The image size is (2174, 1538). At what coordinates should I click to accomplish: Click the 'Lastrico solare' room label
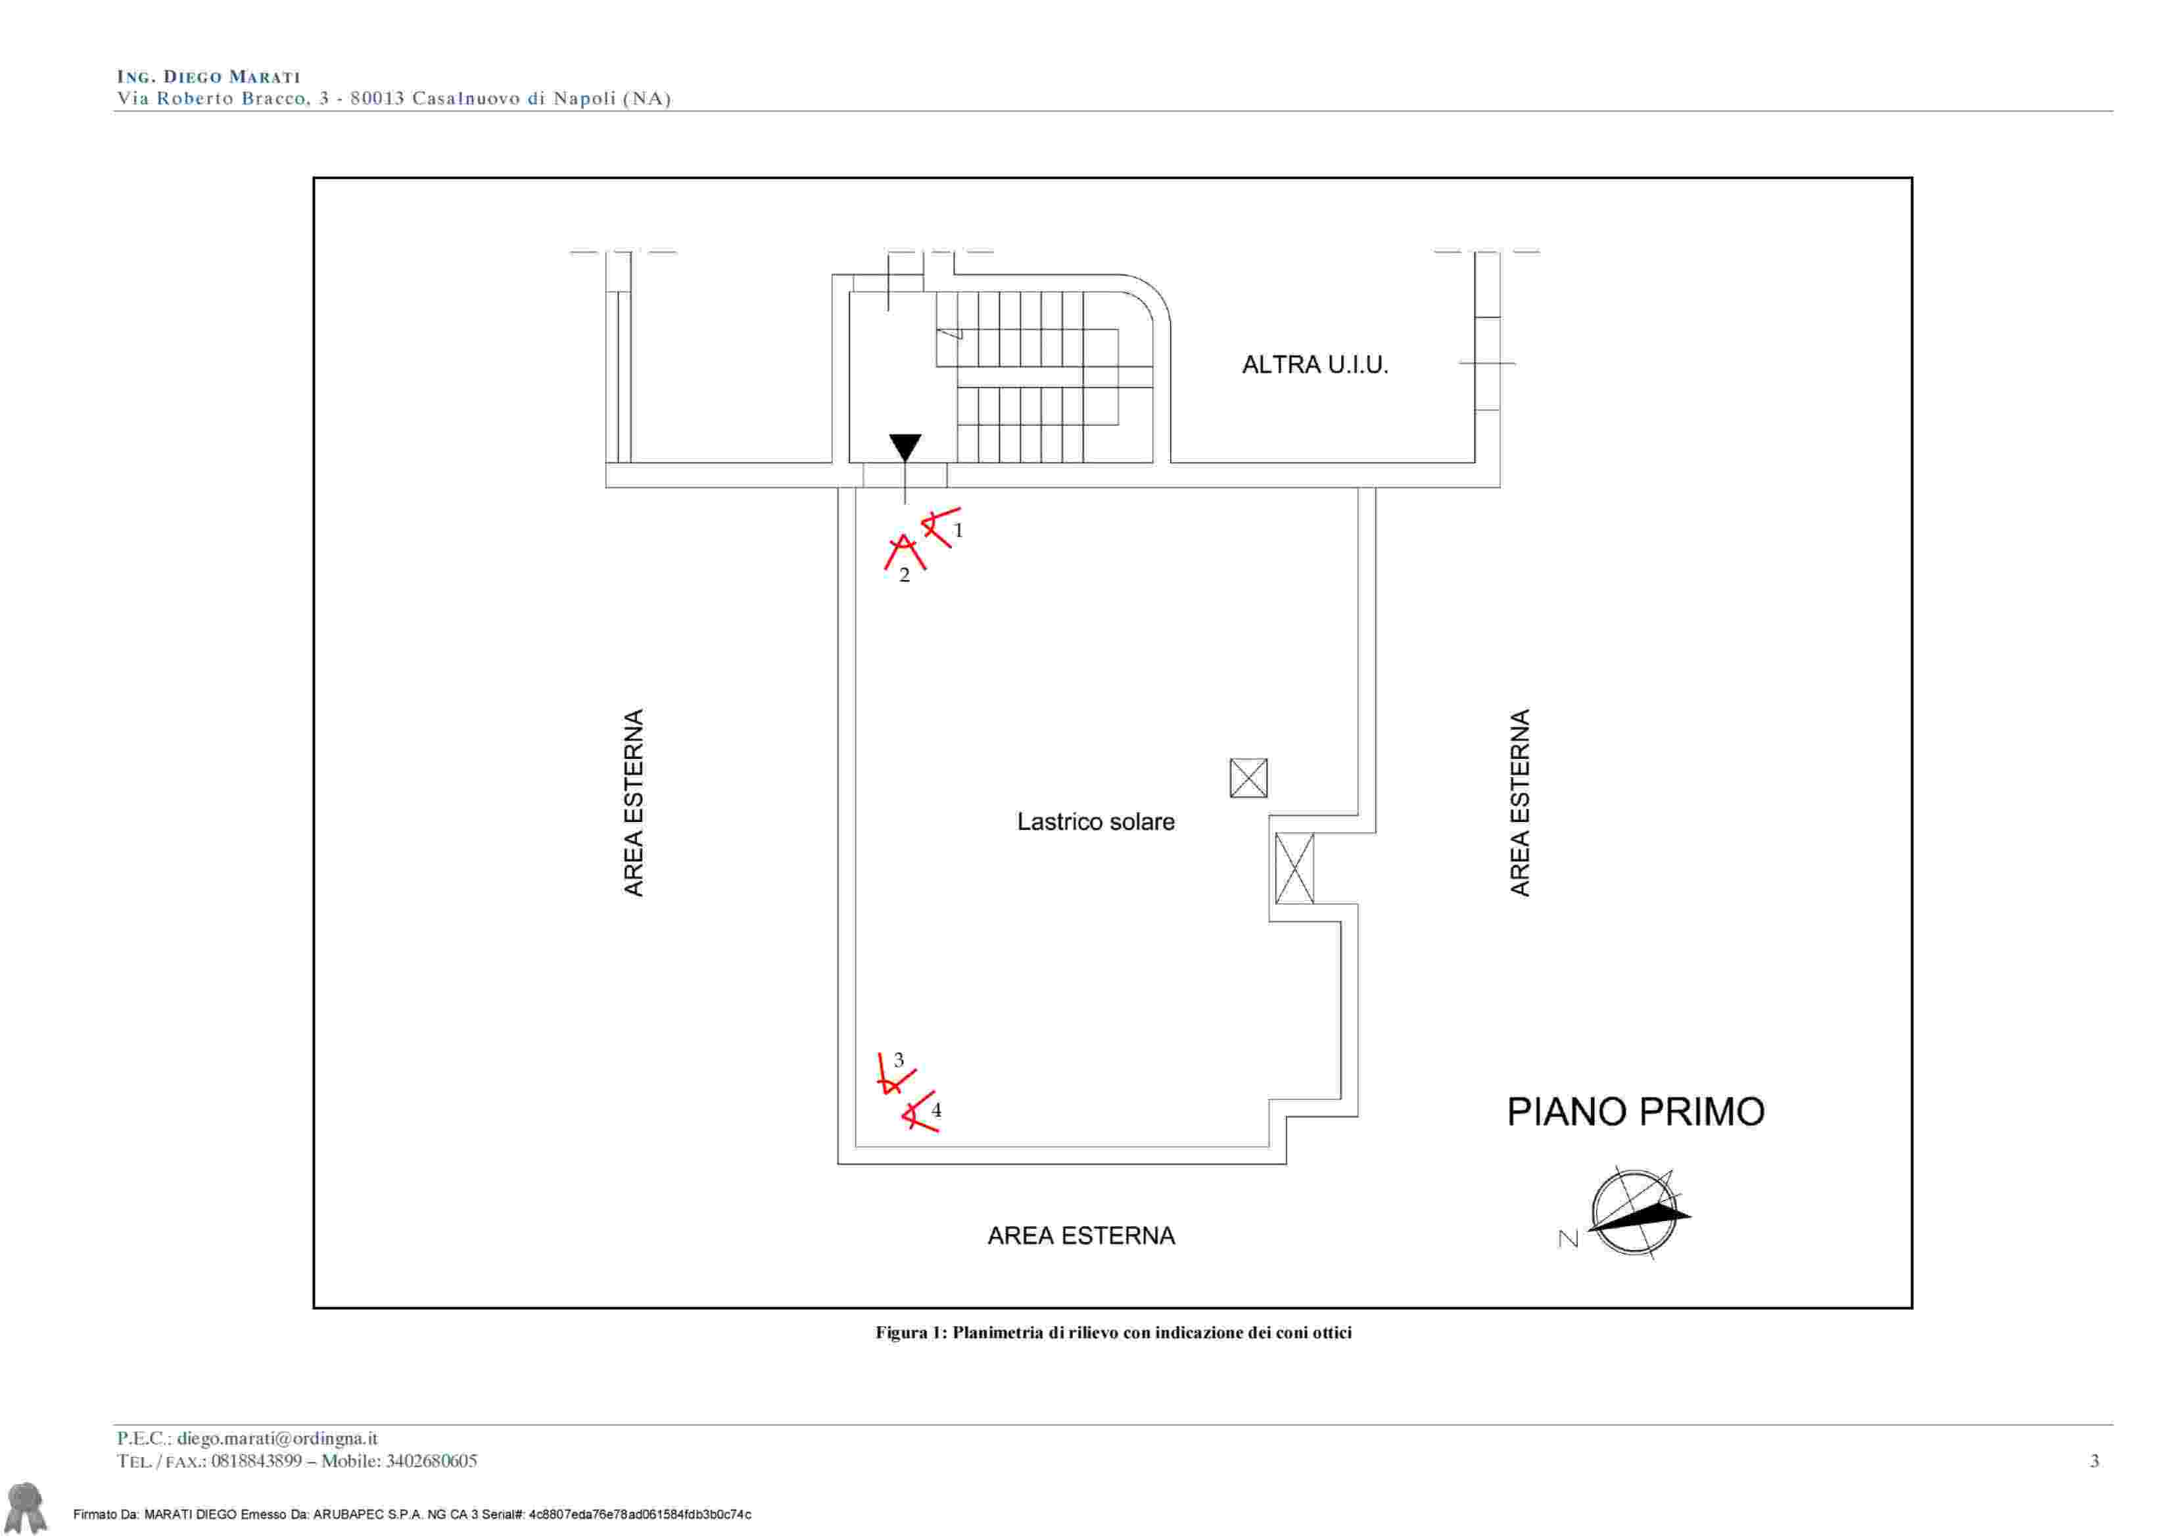click(x=1095, y=822)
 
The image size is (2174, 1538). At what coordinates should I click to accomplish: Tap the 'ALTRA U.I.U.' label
click(x=1315, y=365)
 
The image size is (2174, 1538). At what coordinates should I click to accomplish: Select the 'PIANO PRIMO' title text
click(x=1635, y=1112)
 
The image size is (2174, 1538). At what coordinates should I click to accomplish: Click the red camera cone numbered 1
click(x=939, y=527)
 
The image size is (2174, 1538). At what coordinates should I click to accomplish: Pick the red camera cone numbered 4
click(x=918, y=1113)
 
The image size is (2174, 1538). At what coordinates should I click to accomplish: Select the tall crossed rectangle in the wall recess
click(x=1294, y=869)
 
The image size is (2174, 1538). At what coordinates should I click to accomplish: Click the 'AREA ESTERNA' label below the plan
click(x=1081, y=1236)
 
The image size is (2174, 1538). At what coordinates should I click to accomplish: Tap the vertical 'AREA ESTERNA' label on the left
click(x=634, y=802)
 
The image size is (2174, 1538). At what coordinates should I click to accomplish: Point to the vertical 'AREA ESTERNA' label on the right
click(x=1520, y=802)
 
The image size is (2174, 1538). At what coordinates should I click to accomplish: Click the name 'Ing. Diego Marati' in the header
click(x=208, y=77)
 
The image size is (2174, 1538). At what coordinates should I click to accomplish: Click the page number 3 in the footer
click(x=2094, y=1461)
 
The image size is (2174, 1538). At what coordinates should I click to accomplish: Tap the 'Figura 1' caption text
click(x=1114, y=1332)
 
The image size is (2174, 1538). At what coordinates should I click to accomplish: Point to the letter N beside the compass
click(x=1568, y=1239)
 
